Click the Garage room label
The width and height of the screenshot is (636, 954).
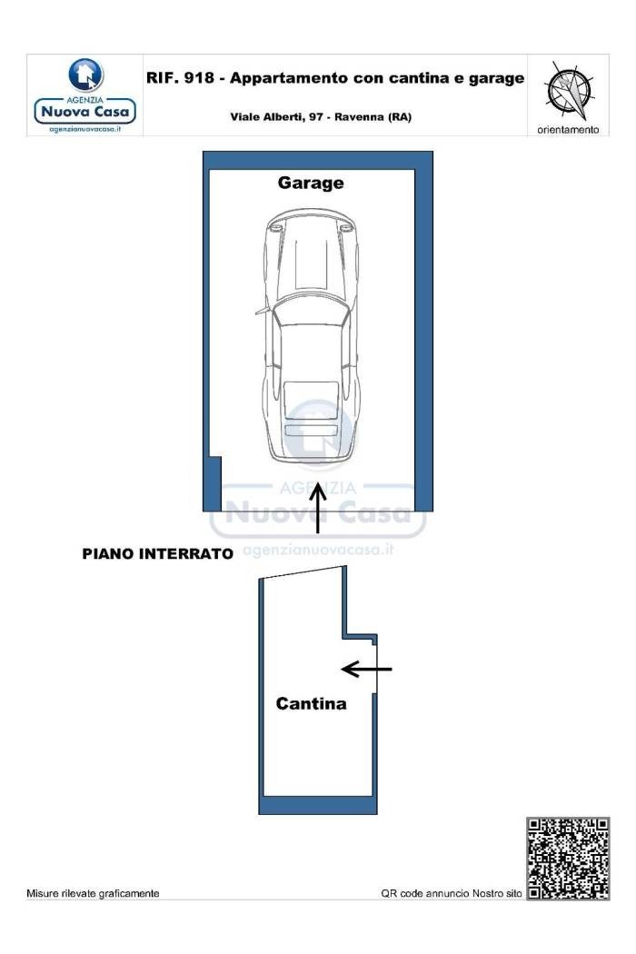pos(311,184)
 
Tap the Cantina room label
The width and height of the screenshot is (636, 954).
pos(311,703)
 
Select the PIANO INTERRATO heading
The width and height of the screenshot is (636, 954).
pos(157,553)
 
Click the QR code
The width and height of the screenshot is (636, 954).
pos(568,859)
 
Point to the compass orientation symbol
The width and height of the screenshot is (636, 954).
pos(569,90)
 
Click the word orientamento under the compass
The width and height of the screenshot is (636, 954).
pos(568,130)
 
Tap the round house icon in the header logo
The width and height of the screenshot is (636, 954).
pos(85,75)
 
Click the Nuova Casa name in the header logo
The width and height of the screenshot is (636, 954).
pos(85,112)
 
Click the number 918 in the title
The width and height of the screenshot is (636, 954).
pos(199,78)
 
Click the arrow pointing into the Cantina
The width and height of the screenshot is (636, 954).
pos(366,670)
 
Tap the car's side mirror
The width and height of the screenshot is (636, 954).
pos(263,311)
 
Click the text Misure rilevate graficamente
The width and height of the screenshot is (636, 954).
pos(93,893)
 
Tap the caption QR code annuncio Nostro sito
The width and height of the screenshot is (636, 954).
pos(452,893)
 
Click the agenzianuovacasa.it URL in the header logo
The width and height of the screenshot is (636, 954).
pos(85,129)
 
